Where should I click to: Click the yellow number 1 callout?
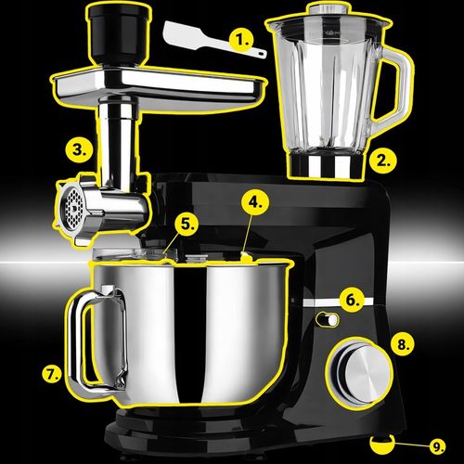242,40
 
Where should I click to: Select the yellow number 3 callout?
81,148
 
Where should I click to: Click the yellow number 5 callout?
187,224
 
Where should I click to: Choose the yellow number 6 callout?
353,300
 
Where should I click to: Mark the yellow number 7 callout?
52,374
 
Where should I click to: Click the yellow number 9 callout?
437,446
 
